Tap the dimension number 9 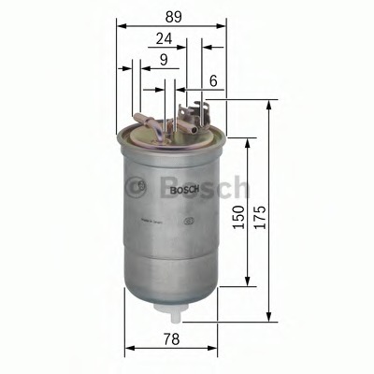(165, 61)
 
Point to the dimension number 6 (214, 81)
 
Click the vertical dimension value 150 (240, 220)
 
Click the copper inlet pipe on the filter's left (144, 119)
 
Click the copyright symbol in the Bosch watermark (140, 186)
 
